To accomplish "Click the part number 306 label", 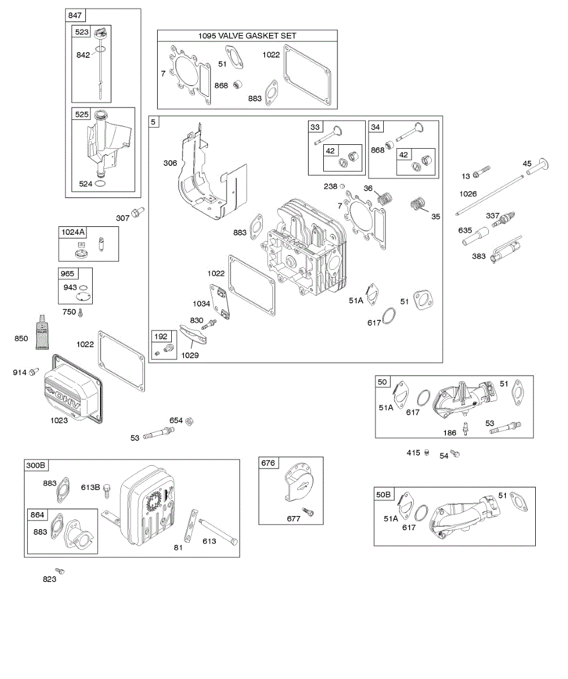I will (x=170, y=163).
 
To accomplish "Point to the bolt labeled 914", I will (x=34, y=371).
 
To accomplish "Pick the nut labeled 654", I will (x=191, y=420).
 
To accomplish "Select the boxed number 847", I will (x=75, y=15).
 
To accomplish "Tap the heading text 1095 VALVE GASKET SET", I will (x=247, y=36).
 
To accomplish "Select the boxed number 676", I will (x=268, y=463).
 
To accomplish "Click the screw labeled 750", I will (x=81, y=312).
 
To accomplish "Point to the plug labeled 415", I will (x=427, y=453).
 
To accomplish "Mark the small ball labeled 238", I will (x=342, y=186).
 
